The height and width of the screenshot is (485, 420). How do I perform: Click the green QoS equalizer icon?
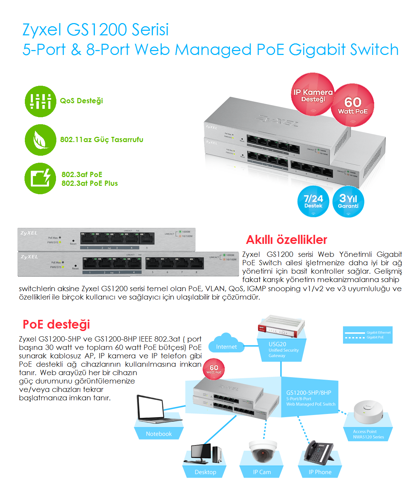40,101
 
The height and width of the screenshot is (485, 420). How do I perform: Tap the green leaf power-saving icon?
40,140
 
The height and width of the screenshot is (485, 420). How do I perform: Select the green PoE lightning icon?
40,178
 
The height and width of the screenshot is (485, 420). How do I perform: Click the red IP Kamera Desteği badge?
313,95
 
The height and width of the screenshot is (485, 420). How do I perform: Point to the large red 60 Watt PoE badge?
353,105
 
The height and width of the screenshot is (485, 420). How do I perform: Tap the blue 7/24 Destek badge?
313,202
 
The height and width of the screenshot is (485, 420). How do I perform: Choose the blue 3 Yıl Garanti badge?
348,202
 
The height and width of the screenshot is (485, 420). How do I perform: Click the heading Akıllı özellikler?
286,240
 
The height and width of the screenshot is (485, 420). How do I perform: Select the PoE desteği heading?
56,324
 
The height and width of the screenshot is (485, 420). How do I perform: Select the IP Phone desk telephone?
319,452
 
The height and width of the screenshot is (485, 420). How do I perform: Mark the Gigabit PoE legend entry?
367,337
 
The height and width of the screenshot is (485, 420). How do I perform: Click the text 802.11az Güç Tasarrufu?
101,140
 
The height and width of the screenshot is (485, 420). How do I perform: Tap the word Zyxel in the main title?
42,29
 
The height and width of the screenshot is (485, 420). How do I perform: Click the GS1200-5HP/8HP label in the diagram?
308,393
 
